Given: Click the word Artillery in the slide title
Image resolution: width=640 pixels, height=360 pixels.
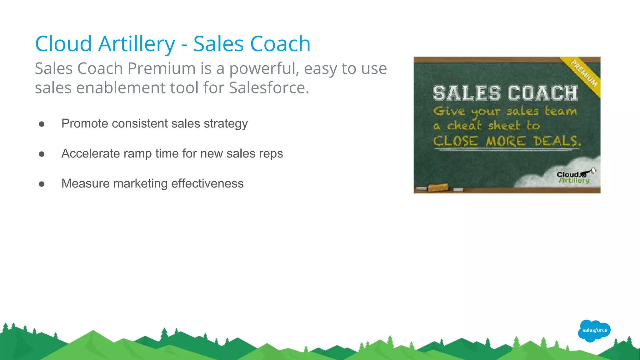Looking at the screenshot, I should tap(137, 44).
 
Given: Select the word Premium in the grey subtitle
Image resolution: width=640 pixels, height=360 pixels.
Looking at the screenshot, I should tap(161, 68).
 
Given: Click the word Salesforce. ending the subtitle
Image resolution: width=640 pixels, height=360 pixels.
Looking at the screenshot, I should tap(269, 88).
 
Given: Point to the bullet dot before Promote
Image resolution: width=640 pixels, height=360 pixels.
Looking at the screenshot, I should tap(42, 124).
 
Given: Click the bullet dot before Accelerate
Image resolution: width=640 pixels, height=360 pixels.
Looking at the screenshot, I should tap(42, 154).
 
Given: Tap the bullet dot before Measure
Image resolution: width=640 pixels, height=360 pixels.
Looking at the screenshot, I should tap(42, 184).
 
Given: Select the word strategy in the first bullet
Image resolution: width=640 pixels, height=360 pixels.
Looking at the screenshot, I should tap(226, 124).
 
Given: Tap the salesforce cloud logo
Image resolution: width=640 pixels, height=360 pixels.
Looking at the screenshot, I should tap(594, 330).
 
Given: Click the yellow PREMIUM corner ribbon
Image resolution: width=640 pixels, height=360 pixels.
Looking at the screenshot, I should tap(584, 73).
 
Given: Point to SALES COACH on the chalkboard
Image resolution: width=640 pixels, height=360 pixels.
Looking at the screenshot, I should tap(505, 93).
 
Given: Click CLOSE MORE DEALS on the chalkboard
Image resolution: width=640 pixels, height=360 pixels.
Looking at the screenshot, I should tap(507, 141).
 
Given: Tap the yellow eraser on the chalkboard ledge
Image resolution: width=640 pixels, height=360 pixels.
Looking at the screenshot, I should tap(438, 188).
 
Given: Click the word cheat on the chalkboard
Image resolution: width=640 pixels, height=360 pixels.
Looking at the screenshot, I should tap(464, 126).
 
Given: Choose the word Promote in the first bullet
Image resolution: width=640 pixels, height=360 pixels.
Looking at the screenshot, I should tap(85, 124).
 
